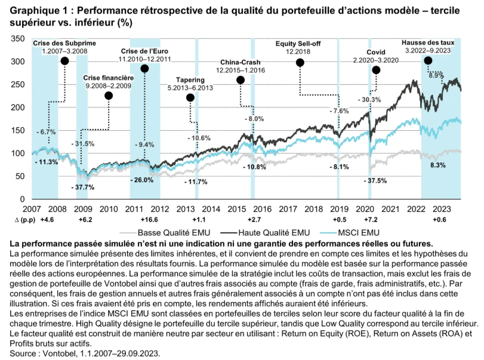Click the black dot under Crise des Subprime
click(x=64, y=61)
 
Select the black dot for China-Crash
click(x=241, y=80)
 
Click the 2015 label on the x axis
click(x=237, y=209)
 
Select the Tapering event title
click(x=190, y=80)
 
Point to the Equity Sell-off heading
click(x=297, y=44)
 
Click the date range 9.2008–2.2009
click(x=108, y=86)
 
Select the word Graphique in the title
click(x=35, y=10)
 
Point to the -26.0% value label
click(x=143, y=180)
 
